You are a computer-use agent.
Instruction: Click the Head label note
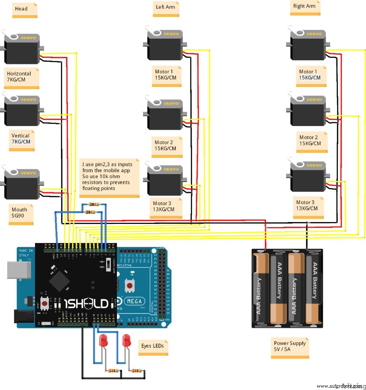click(25, 10)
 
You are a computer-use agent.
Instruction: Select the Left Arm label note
click(166, 8)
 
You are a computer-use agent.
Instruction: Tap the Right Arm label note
click(305, 7)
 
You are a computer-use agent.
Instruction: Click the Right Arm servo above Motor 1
click(307, 45)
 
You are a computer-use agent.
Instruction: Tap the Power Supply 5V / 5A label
click(290, 347)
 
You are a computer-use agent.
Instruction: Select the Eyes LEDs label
click(153, 347)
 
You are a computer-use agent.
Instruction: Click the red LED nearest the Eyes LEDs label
click(127, 340)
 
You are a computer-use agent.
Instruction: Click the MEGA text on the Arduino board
click(134, 302)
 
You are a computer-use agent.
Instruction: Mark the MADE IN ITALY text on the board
click(26, 254)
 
